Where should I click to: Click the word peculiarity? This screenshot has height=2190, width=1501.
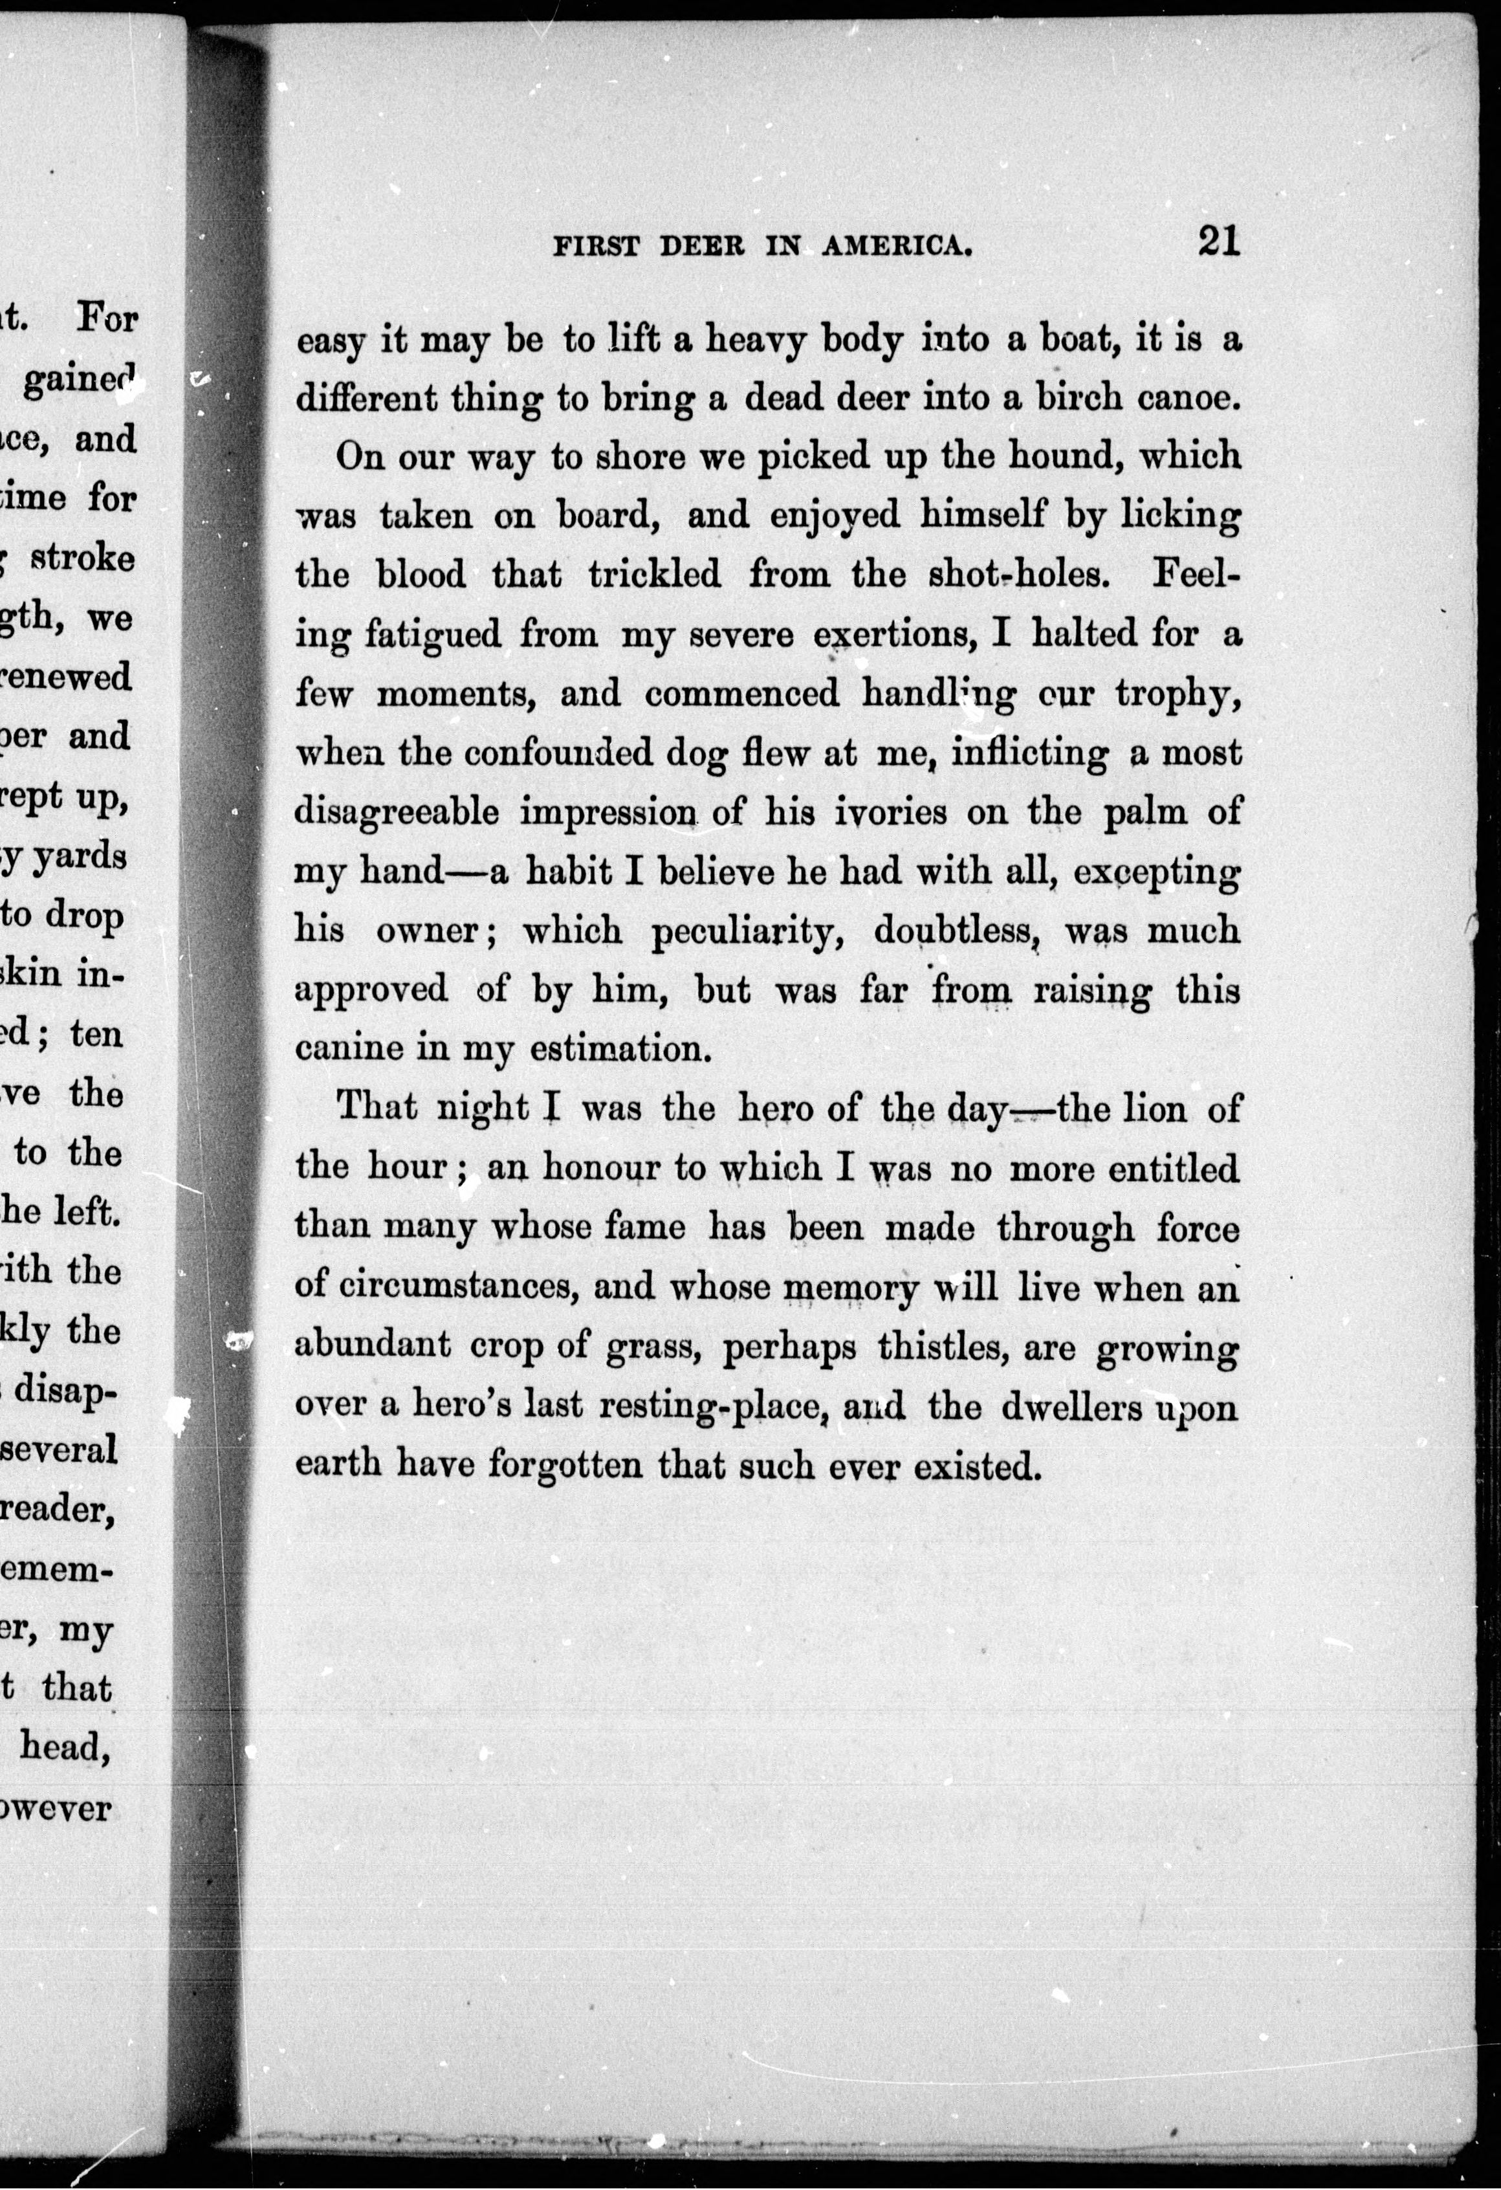click(750, 931)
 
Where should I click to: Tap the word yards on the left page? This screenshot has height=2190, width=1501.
click(79, 857)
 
